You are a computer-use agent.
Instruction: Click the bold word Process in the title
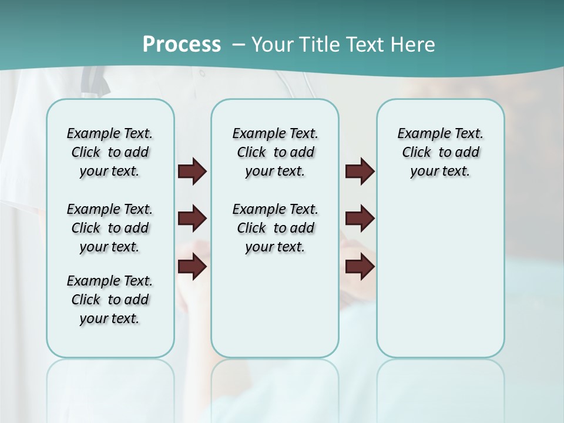[182, 44]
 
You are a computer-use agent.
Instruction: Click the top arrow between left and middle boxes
[192, 172]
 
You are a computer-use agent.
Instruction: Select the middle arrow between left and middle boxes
[192, 219]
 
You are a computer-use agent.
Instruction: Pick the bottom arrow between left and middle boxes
[192, 267]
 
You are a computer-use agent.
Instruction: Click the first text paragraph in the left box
[110, 152]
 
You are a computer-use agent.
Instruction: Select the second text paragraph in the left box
[110, 228]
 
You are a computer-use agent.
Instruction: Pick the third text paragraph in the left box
[110, 300]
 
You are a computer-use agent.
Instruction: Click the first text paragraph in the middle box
[275, 152]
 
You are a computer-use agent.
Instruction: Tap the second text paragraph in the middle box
[275, 228]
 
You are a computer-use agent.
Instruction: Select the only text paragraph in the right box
[440, 152]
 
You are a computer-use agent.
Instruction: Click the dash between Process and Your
[239, 45]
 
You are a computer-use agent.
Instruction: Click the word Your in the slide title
[273, 45]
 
